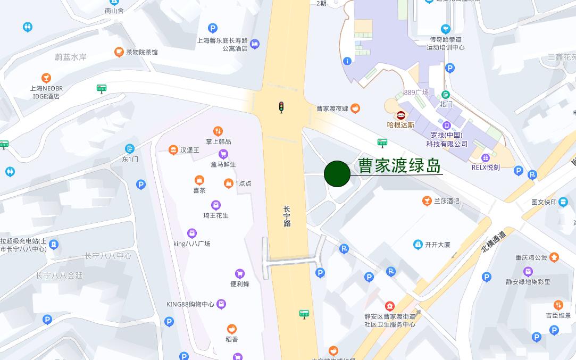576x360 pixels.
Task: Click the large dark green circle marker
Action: point(337,174)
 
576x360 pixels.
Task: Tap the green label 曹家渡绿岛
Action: point(399,165)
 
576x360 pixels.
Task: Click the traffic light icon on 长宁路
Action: point(281,107)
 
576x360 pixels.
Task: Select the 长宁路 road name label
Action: point(287,216)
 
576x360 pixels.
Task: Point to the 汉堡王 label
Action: point(189,150)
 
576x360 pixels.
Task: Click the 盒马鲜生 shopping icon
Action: point(223,154)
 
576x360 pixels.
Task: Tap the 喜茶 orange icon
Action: point(199,180)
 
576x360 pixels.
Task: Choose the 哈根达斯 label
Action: point(400,125)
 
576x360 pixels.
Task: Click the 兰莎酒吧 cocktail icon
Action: point(427,200)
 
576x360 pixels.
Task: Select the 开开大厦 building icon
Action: point(418,245)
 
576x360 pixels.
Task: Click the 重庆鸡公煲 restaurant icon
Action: point(554,257)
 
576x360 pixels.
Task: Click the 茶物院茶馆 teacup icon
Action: point(119,52)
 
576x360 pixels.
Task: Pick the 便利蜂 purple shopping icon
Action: point(239,274)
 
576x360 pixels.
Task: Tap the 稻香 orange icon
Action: point(231,329)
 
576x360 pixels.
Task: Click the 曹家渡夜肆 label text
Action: point(332,108)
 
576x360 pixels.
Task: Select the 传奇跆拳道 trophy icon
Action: point(446,29)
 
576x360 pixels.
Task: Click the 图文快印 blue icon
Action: point(563,202)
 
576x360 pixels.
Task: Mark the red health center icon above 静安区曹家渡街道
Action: point(390,306)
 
